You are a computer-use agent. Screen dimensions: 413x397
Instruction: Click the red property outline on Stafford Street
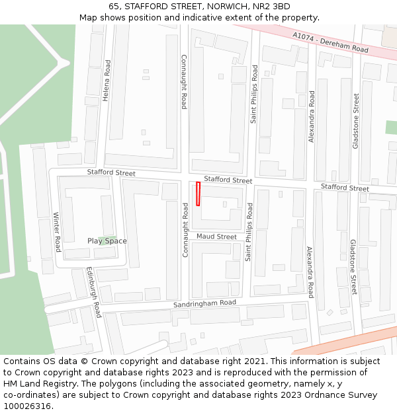click(198, 194)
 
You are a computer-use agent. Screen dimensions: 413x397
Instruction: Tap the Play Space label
click(107, 241)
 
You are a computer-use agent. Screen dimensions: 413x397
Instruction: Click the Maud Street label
click(216, 237)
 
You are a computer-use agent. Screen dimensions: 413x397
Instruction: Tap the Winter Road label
click(57, 232)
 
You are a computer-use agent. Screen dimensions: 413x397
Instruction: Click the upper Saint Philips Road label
click(253, 94)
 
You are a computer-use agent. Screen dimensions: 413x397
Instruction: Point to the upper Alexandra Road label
click(312, 116)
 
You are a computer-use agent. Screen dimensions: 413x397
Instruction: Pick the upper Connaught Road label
click(184, 81)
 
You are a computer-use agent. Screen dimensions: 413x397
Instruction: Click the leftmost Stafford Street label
click(111, 172)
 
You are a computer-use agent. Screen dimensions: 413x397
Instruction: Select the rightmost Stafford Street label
click(345, 188)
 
